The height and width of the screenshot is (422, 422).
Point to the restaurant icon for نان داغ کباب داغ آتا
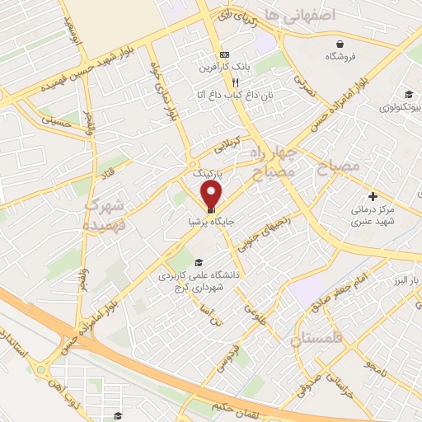coord(235,82)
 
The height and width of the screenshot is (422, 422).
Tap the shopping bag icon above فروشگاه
coord(340,45)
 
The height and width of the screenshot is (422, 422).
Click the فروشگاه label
coord(340,57)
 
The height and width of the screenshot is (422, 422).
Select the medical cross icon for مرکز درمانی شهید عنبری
coord(373,196)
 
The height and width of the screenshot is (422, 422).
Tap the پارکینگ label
coord(208,175)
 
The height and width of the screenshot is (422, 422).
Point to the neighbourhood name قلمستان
coord(314,338)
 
